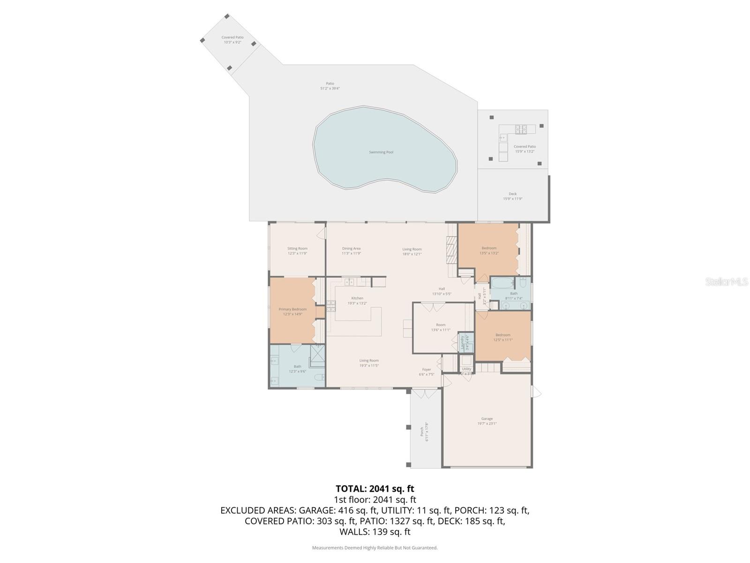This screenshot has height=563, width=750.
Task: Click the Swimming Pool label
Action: click(x=381, y=152)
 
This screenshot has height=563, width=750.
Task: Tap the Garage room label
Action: click(x=487, y=419)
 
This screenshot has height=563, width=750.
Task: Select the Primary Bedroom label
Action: click(x=292, y=310)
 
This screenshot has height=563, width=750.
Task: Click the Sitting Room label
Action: click(x=297, y=249)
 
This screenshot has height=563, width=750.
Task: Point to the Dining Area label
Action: click(x=351, y=249)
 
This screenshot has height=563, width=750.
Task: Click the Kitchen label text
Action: click(x=357, y=298)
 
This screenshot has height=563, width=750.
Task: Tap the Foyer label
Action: click(x=426, y=370)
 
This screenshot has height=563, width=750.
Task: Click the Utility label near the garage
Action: click(x=466, y=369)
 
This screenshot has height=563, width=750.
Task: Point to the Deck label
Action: click(x=512, y=194)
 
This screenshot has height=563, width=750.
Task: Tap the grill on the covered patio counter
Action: click(x=522, y=129)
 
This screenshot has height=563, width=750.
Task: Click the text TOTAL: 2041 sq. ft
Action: click(x=375, y=488)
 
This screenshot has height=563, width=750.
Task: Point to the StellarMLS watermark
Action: click(x=727, y=281)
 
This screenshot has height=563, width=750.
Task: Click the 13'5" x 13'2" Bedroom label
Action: click(x=488, y=248)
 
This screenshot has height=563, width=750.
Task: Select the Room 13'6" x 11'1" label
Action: click(x=441, y=325)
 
